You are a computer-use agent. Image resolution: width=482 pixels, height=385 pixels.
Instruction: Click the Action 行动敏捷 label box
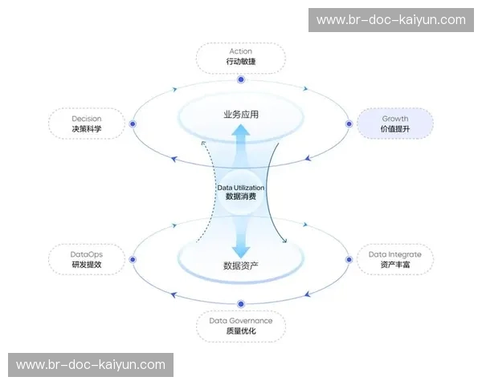[240, 56]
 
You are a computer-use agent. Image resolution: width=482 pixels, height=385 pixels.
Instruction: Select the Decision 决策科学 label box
[86, 124]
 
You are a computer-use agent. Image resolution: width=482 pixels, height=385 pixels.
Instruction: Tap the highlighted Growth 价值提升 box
[394, 124]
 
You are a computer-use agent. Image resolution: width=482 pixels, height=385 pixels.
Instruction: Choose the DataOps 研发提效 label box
[86, 259]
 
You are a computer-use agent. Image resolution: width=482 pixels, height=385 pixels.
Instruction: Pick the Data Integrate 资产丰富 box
[394, 259]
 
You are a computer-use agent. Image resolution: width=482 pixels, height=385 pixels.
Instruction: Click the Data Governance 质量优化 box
[240, 326]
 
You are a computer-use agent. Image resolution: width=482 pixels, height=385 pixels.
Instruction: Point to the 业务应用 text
[241, 115]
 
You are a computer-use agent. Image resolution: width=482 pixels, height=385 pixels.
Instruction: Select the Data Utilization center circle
[241, 192]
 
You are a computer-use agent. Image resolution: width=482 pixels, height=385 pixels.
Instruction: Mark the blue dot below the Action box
[241, 80]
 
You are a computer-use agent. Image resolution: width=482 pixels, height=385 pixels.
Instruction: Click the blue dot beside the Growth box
[349, 124]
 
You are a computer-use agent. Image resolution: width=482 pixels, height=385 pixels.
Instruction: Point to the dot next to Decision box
[133, 124]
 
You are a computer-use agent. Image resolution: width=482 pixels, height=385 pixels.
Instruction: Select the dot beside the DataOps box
[133, 258]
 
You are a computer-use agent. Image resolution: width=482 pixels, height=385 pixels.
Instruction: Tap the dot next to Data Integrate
[349, 258]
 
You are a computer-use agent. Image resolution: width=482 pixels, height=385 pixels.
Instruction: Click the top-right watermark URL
[391, 20]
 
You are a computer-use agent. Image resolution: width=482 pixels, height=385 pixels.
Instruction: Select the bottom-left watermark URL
[91, 365]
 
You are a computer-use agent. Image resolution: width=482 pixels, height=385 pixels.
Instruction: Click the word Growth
[394, 119]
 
